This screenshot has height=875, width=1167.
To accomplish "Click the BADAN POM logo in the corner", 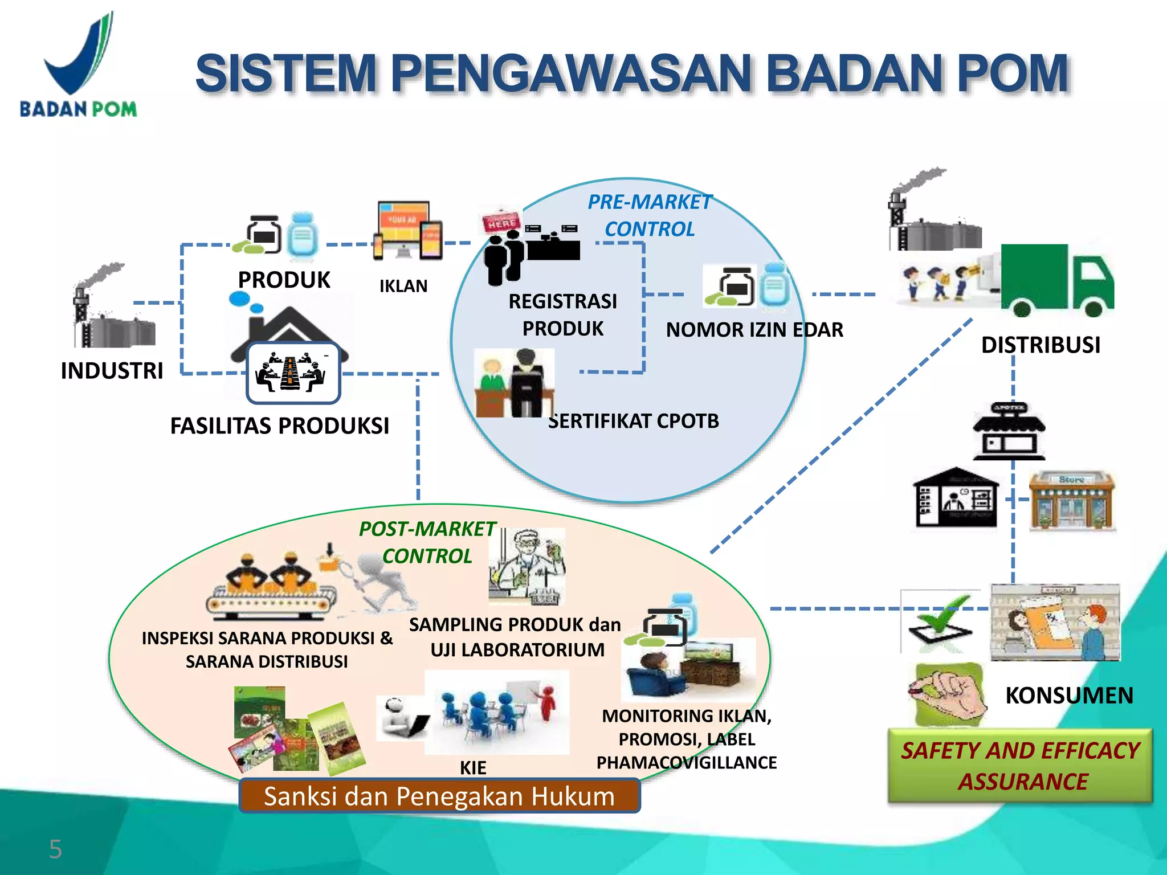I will [78, 66].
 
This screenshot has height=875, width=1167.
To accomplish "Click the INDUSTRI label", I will [112, 371].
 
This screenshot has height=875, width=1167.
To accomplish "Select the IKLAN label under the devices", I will [403, 286].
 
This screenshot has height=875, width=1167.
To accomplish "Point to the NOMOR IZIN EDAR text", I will [754, 330].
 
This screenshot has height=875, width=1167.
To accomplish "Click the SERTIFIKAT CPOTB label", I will [634, 422].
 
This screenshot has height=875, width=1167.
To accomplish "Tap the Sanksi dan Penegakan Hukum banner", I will [439, 796].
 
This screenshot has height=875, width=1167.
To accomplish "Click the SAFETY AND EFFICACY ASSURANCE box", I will [1020, 766].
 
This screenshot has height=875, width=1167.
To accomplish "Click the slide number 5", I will [55, 849].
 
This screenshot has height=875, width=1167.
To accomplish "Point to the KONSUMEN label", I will [1069, 696].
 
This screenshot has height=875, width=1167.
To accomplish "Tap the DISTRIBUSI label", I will [1040, 345].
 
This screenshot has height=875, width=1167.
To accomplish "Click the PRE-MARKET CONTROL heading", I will [650, 215].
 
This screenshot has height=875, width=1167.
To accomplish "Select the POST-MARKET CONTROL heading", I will [427, 542].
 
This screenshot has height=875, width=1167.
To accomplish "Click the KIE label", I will [473, 768].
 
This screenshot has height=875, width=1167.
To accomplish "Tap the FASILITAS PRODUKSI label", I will [280, 426].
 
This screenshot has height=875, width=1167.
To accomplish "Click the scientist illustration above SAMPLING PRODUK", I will [528, 567].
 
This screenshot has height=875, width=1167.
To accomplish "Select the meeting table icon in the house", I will [293, 373].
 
